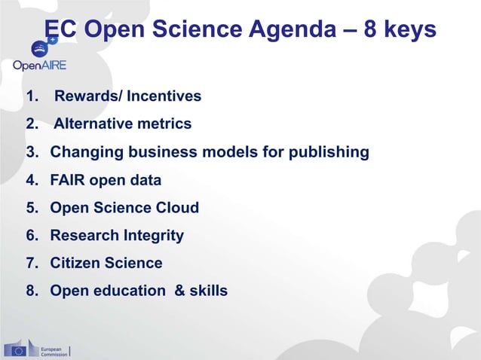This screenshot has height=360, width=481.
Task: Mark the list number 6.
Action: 32,236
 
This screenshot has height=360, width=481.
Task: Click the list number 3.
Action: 32,152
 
